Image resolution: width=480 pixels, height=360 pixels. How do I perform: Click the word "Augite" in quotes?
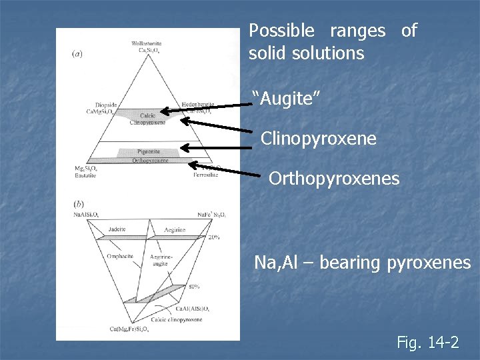tap(287, 99)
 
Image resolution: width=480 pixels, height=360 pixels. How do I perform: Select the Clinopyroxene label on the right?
tap(318, 139)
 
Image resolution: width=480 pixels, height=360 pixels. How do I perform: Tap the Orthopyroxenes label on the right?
tap(333, 179)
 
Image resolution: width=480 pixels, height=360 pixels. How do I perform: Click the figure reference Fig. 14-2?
tap(427, 343)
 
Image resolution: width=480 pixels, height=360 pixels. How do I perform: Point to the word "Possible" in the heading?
tap(281, 31)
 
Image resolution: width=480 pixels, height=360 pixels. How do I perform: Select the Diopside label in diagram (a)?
tap(106, 105)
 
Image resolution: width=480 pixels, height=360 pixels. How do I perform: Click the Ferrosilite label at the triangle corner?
tap(205, 175)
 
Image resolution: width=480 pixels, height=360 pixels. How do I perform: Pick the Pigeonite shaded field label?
tap(149, 152)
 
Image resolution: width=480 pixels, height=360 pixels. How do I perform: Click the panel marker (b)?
tap(79, 203)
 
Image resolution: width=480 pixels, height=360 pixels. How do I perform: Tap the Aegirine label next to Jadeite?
tap(175, 229)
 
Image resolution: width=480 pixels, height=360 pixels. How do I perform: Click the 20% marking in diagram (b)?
tap(213, 237)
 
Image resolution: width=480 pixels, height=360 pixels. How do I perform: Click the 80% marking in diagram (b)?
tap(193, 287)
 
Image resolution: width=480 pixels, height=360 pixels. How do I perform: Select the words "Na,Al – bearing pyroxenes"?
tap(362, 263)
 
